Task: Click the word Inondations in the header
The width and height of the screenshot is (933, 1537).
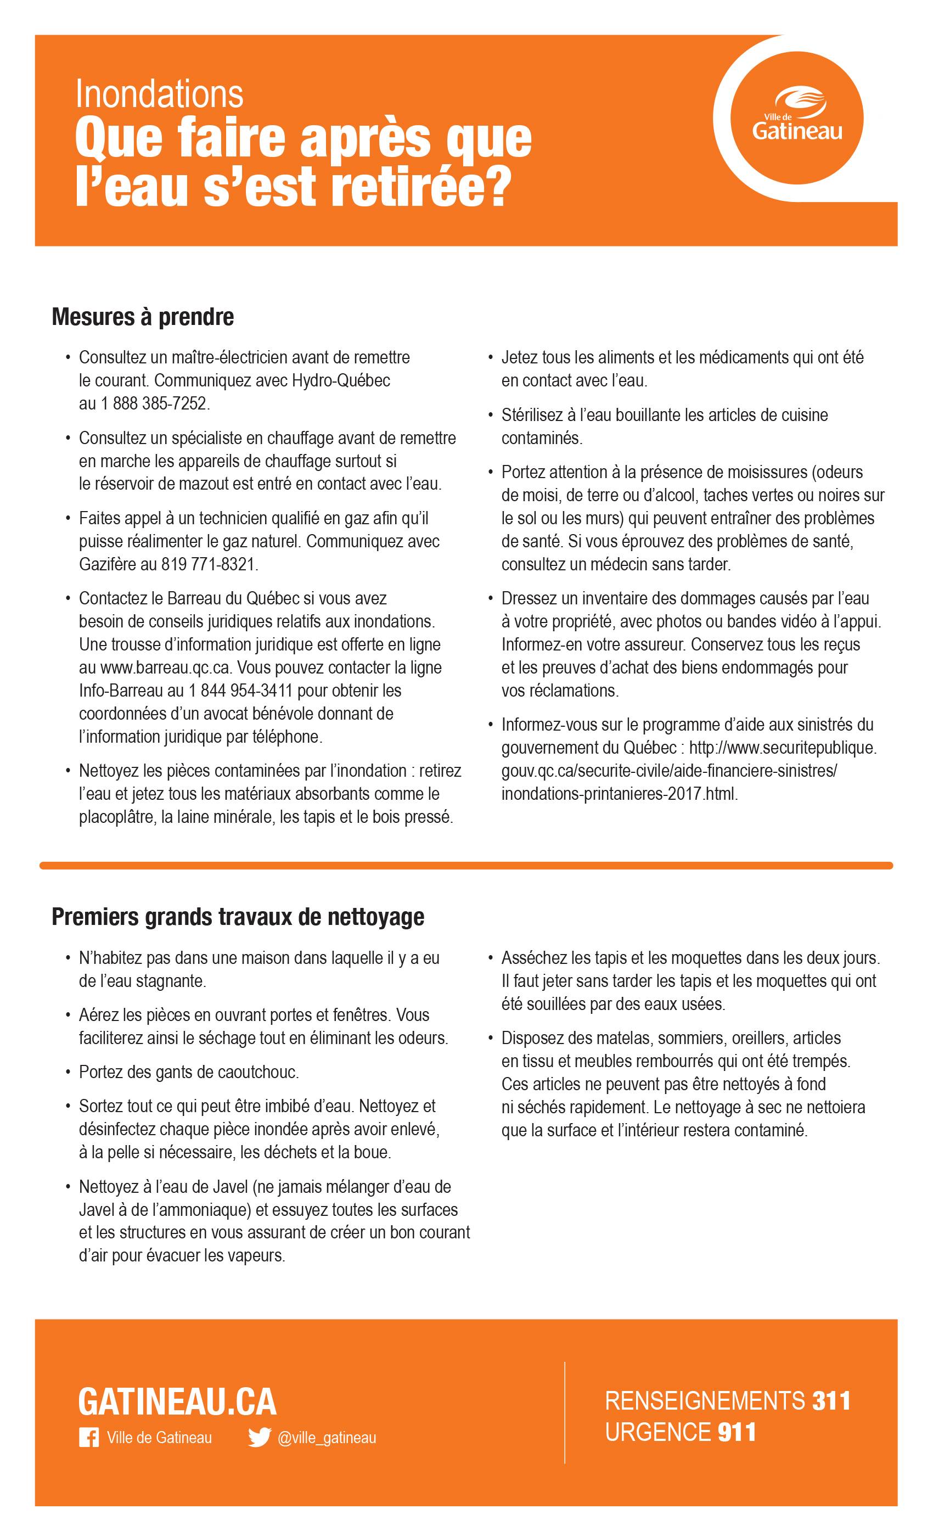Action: (x=159, y=95)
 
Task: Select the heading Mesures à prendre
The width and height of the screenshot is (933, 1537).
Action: (x=143, y=317)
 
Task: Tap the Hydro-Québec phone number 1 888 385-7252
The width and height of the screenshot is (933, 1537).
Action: (x=154, y=403)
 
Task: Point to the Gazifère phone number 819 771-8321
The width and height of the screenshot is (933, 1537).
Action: (x=209, y=564)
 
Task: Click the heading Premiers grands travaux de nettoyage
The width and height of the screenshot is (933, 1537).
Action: (x=238, y=917)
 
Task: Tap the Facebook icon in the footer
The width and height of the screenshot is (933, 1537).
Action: (x=88, y=1438)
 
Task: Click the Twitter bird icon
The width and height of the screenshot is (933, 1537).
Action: (x=259, y=1438)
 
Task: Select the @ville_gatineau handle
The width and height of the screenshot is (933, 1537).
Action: (x=326, y=1438)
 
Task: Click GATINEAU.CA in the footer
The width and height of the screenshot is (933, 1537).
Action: (x=177, y=1403)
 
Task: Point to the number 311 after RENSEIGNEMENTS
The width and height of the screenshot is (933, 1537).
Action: (x=831, y=1401)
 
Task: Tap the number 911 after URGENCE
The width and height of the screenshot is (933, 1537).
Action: (x=737, y=1432)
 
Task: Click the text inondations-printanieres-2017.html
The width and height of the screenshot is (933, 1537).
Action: (x=619, y=794)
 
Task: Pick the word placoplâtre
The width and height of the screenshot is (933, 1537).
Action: (x=116, y=817)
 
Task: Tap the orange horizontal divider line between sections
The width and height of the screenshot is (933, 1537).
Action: (x=466, y=865)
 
